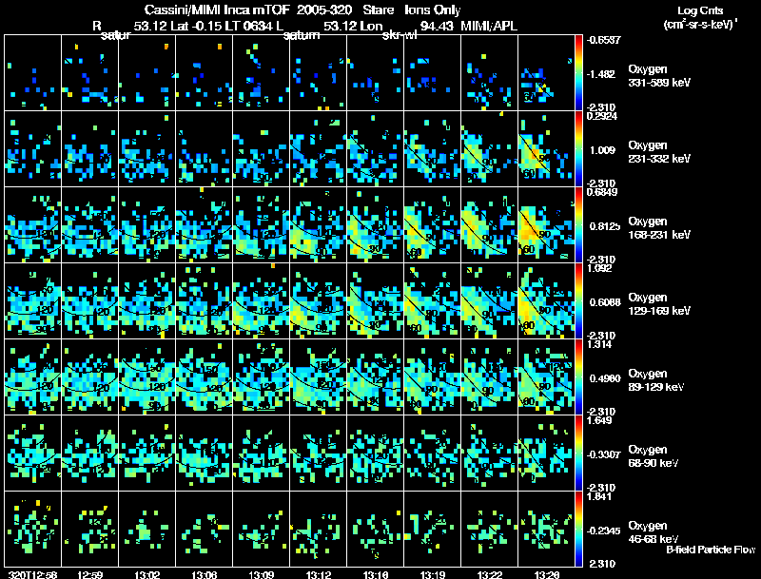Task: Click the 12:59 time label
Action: pyautogui.click(x=90, y=574)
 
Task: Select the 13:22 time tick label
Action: pyautogui.click(x=490, y=574)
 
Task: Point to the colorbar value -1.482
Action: pyautogui.click(x=606, y=73)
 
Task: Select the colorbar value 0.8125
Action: pyautogui.click(x=604, y=225)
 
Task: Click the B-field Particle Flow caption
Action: pyautogui.click(x=711, y=550)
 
